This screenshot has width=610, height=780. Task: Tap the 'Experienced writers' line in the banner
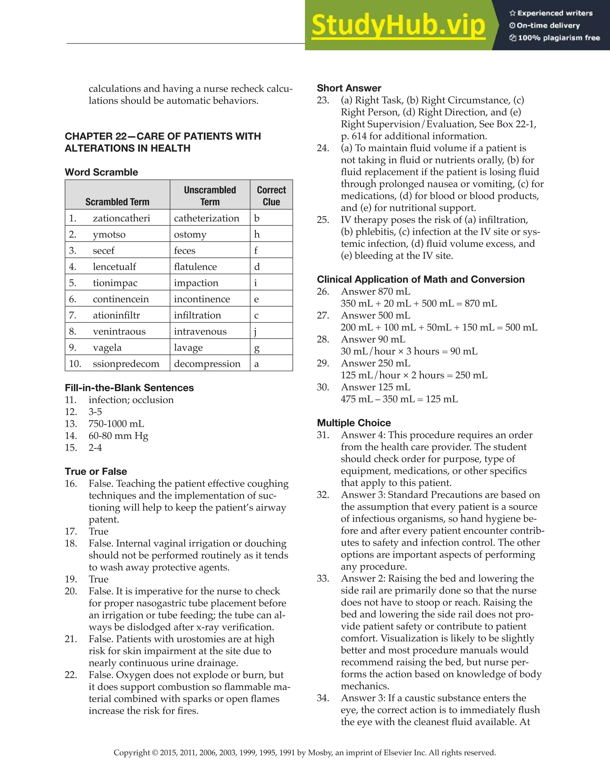551,13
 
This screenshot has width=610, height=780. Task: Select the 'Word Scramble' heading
101,172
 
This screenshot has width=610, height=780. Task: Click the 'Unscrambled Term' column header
210,196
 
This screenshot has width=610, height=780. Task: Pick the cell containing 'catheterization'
206,218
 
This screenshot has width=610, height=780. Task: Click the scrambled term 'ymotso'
109,234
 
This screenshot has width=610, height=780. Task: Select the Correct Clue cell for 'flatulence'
257,267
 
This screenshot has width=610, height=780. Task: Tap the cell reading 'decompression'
207,364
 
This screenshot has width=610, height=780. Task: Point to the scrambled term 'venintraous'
119,331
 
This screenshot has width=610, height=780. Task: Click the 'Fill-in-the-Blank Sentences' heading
129,388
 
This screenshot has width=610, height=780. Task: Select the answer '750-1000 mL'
116,424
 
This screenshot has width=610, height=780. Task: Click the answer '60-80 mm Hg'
118,436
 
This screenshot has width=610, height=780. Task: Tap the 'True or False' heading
96,472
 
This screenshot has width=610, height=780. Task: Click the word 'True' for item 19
99,579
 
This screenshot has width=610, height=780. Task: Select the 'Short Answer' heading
349,88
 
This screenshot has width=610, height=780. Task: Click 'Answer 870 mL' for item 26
375,291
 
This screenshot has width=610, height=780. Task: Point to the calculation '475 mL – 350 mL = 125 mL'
399,399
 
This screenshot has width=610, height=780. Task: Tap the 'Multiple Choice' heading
354,423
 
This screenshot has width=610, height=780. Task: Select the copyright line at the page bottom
304,753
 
